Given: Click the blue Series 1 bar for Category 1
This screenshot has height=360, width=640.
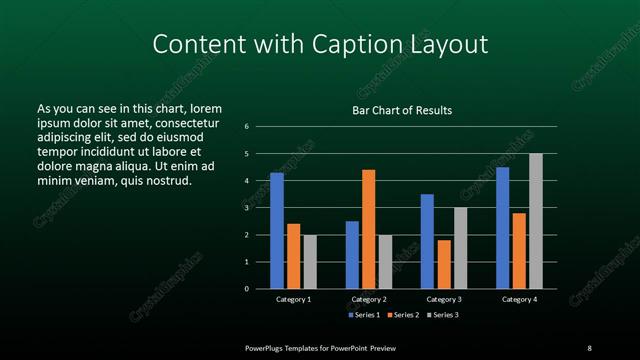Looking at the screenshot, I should point(276,231).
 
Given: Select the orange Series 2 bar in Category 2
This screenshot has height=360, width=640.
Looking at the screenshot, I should point(369,229).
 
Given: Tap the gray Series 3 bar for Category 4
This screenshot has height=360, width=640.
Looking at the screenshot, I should point(536,221).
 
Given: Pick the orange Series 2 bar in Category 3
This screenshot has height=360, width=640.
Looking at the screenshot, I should point(444,264).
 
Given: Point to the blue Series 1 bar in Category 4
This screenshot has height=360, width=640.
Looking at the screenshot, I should point(502,228).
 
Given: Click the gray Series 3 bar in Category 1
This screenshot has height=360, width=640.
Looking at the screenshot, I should point(310,262).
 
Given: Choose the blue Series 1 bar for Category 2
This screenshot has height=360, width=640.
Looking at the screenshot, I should point(352,255).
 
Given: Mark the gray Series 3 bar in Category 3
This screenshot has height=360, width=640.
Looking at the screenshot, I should point(460,248).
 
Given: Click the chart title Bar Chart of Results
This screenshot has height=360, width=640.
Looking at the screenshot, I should point(402,110).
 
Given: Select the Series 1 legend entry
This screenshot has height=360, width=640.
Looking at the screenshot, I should point(362,315).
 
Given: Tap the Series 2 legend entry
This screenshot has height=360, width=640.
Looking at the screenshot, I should point(403,315).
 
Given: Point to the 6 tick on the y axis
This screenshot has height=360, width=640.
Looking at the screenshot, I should point(246,127).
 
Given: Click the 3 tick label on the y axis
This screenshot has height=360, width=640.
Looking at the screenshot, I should point(246,208).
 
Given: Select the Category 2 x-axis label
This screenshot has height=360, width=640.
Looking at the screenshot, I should point(369,299).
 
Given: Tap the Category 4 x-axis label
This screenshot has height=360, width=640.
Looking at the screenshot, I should point(519,299).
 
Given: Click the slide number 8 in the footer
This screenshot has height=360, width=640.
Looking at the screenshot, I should point(589,347).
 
